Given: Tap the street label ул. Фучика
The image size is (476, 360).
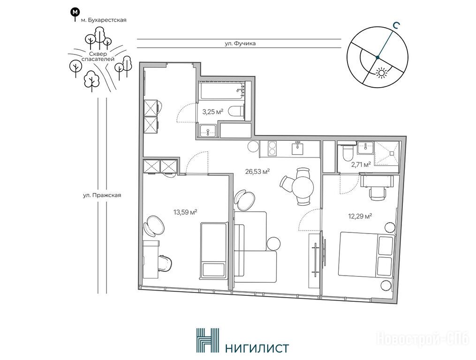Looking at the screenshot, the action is pyautogui.click(x=240, y=44).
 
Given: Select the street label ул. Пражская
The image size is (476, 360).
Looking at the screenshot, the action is pyautogui.click(x=102, y=195).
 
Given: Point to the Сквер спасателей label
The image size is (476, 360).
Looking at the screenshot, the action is pyautogui.click(x=98, y=56).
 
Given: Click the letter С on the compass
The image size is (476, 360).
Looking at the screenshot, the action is pyautogui.click(x=395, y=26).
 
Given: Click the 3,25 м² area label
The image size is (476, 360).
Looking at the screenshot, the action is pyautogui.click(x=213, y=112).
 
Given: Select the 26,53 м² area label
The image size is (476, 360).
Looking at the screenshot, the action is pyautogui.click(x=258, y=172).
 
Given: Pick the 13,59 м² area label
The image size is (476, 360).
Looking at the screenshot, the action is pyautogui.click(x=186, y=212).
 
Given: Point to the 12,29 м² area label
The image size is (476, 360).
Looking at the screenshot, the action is pyautogui.click(x=360, y=217).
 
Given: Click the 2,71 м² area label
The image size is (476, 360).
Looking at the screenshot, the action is pyautogui.click(x=361, y=165).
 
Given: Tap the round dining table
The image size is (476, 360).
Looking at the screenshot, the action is pyautogui.click(x=302, y=187).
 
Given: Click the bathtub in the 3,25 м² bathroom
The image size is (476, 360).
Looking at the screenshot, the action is pyautogui.click(x=223, y=90).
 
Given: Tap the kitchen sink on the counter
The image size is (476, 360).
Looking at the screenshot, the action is pyautogui.click(x=298, y=149).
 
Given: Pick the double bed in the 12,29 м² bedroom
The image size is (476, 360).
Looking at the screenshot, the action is pyautogui.click(x=367, y=255).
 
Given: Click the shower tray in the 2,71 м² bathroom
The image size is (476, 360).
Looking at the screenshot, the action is pyautogui.click(x=386, y=154).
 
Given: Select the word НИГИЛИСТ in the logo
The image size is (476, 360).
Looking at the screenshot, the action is pyautogui.click(x=257, y=348).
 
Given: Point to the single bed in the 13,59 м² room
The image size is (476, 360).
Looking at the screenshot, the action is pyautogui.click(x=214, y=250).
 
